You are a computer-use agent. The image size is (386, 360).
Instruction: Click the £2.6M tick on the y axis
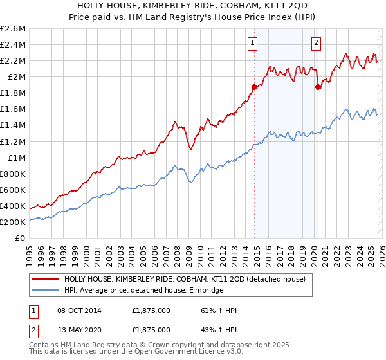pyautogui.click(x=13, y=29)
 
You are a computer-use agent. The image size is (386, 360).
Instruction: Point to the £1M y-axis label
pyautogui.click(x=15, y=157)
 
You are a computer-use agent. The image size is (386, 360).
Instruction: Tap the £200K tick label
pyautogui.click(x=13, y=222)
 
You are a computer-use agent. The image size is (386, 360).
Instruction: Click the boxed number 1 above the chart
pyautogui.click(x=252, y=43)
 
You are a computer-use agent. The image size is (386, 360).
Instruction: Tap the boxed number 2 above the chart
pyautogui.click(x=317, y=43)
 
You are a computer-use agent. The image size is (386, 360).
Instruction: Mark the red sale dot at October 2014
pyautogui.click(x=254, y=87)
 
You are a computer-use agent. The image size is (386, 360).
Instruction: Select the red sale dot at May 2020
pyautogui.click(x=318, y=87)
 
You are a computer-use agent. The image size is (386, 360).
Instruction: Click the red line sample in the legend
pyautogui.click(x=45, y=279)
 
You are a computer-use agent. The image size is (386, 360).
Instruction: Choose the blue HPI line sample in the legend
pyautogui.click(x=45, y=291)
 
